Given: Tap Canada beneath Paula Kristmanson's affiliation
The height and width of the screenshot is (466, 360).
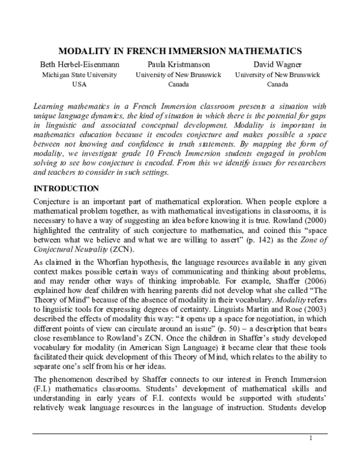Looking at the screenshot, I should [178, 85].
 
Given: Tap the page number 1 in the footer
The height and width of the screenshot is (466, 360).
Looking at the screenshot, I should [312, 454].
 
